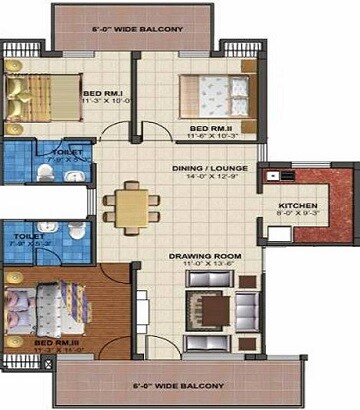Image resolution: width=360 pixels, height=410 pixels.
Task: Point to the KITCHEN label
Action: [x=298, y=206]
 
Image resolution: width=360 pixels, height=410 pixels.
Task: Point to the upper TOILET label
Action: [x=59, y=152]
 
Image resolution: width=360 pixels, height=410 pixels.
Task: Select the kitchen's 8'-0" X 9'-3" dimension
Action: [x=298, y=216]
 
